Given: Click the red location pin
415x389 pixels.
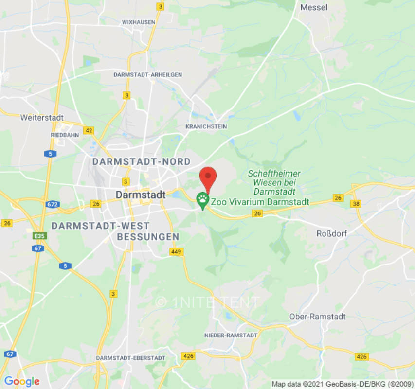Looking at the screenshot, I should [x=208, y=177].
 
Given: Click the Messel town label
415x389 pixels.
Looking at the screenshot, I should [x=314, y=7].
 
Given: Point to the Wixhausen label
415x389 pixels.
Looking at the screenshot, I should [x=139, y=22].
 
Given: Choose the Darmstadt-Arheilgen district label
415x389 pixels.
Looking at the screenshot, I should [x=147, y=75].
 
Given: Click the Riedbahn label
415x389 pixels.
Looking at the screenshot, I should [x=65, y=135].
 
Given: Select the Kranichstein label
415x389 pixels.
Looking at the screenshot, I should [x=206, y=127].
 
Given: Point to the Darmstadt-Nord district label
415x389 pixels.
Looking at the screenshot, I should [x=142, y=161].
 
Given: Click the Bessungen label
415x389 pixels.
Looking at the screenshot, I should [x=148, y=237].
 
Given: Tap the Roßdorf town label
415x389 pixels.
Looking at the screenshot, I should [x=332, y=233].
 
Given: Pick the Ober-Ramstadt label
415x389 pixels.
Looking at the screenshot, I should [x=317, y=317].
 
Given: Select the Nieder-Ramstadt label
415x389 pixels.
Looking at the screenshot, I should [x=231, y=336].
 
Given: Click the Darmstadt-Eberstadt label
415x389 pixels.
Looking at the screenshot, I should [x=131, y=358].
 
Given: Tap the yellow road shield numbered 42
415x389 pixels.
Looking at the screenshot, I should [x=89, y=130].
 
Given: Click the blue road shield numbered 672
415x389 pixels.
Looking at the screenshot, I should [x=53, y=204].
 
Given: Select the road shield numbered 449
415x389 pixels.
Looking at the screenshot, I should [x=176, y=251].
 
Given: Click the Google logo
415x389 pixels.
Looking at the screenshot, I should [x=21, y=382].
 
